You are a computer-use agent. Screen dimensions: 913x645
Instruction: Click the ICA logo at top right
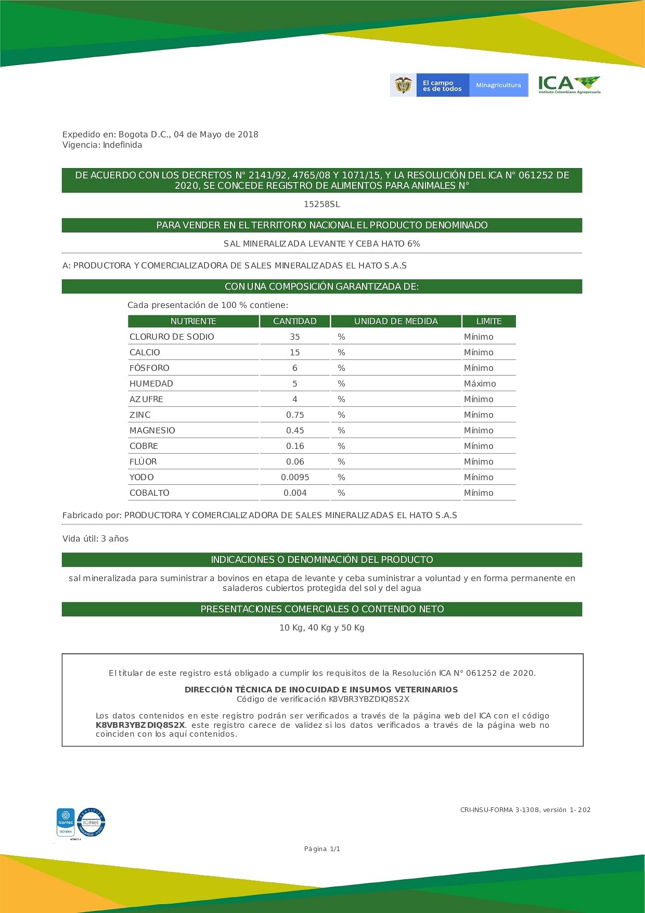(x=569, y=84)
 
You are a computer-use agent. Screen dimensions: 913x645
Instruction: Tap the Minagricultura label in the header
(x=498, y=85)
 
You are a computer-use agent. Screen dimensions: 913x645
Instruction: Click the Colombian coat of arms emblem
(x=403, y=85)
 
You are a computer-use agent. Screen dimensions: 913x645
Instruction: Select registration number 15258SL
(x=322, y=204)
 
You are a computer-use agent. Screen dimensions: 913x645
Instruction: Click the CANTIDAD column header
(x=294, y=322)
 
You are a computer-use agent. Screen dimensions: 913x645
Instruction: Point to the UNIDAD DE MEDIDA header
(x=396, y=322)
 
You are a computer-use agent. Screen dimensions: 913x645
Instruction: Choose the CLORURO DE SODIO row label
(x=172, y=337)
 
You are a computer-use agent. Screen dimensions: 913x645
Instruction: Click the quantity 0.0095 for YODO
(x=295, y=478)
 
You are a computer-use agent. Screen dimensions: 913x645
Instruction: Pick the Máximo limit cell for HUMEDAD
(x=480, y=384)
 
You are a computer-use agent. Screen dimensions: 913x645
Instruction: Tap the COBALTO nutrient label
(x=149, y=493)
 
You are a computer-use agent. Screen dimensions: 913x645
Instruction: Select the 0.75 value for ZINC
(x=295, y=415)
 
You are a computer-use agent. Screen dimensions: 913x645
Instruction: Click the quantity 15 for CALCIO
(x=295, y=353)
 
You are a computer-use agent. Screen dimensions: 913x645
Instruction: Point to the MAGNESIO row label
(x=152, y=431)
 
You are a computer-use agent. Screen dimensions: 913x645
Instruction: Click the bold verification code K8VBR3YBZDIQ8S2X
(x=140, y=725)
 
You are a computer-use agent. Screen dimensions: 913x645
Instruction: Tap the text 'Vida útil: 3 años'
(x=95, y=539)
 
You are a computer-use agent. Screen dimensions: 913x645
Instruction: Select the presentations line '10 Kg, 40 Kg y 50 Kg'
(x=322, y=628)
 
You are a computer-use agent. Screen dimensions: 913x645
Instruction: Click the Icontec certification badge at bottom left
(x=66, y=822)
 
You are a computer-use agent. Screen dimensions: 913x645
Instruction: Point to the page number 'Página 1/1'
(x=322, y=849)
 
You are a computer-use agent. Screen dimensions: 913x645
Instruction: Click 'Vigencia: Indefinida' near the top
(x=102, y=145)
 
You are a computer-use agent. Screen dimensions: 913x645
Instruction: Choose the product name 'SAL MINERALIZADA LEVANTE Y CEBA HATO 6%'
(x=322, y=244)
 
